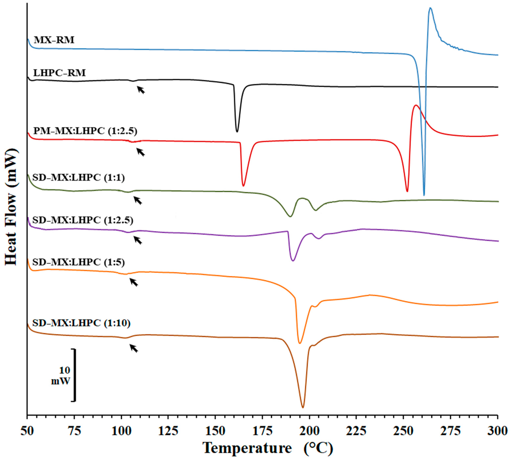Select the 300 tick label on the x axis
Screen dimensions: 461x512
[497, 431]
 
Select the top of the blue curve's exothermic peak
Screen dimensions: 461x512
[430, 8]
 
